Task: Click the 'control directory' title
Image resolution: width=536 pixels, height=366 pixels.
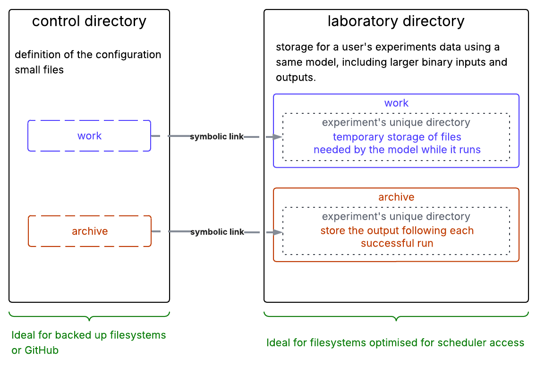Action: point(89,21)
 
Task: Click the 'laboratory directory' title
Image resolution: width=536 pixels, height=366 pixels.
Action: point(396,21)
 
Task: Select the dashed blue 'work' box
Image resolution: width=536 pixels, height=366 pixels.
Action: point(89,136)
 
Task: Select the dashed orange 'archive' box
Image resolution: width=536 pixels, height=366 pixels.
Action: point(90,231)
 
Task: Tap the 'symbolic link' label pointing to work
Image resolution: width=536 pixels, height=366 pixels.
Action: point(217,136)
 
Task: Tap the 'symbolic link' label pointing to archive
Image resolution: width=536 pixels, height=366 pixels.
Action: point(217,232)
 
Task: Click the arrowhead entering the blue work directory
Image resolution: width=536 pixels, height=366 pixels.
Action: point(278,136)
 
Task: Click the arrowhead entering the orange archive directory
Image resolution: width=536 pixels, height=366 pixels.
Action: point(278,232)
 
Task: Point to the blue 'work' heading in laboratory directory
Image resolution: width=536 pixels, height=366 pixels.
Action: point(396,103)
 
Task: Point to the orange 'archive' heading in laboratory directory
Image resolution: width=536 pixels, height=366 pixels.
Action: point(396,197)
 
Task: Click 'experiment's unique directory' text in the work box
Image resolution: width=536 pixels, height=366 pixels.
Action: point(396,123)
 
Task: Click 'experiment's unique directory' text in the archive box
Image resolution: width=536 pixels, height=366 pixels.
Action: point(396,217)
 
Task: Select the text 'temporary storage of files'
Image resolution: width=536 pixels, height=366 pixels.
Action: point(397,137)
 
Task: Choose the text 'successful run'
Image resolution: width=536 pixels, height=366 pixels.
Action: point(397,244)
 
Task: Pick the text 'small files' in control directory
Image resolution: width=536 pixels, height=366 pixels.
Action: point(39,70)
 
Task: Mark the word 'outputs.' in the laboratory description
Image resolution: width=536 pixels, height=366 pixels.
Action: point(296,77)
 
